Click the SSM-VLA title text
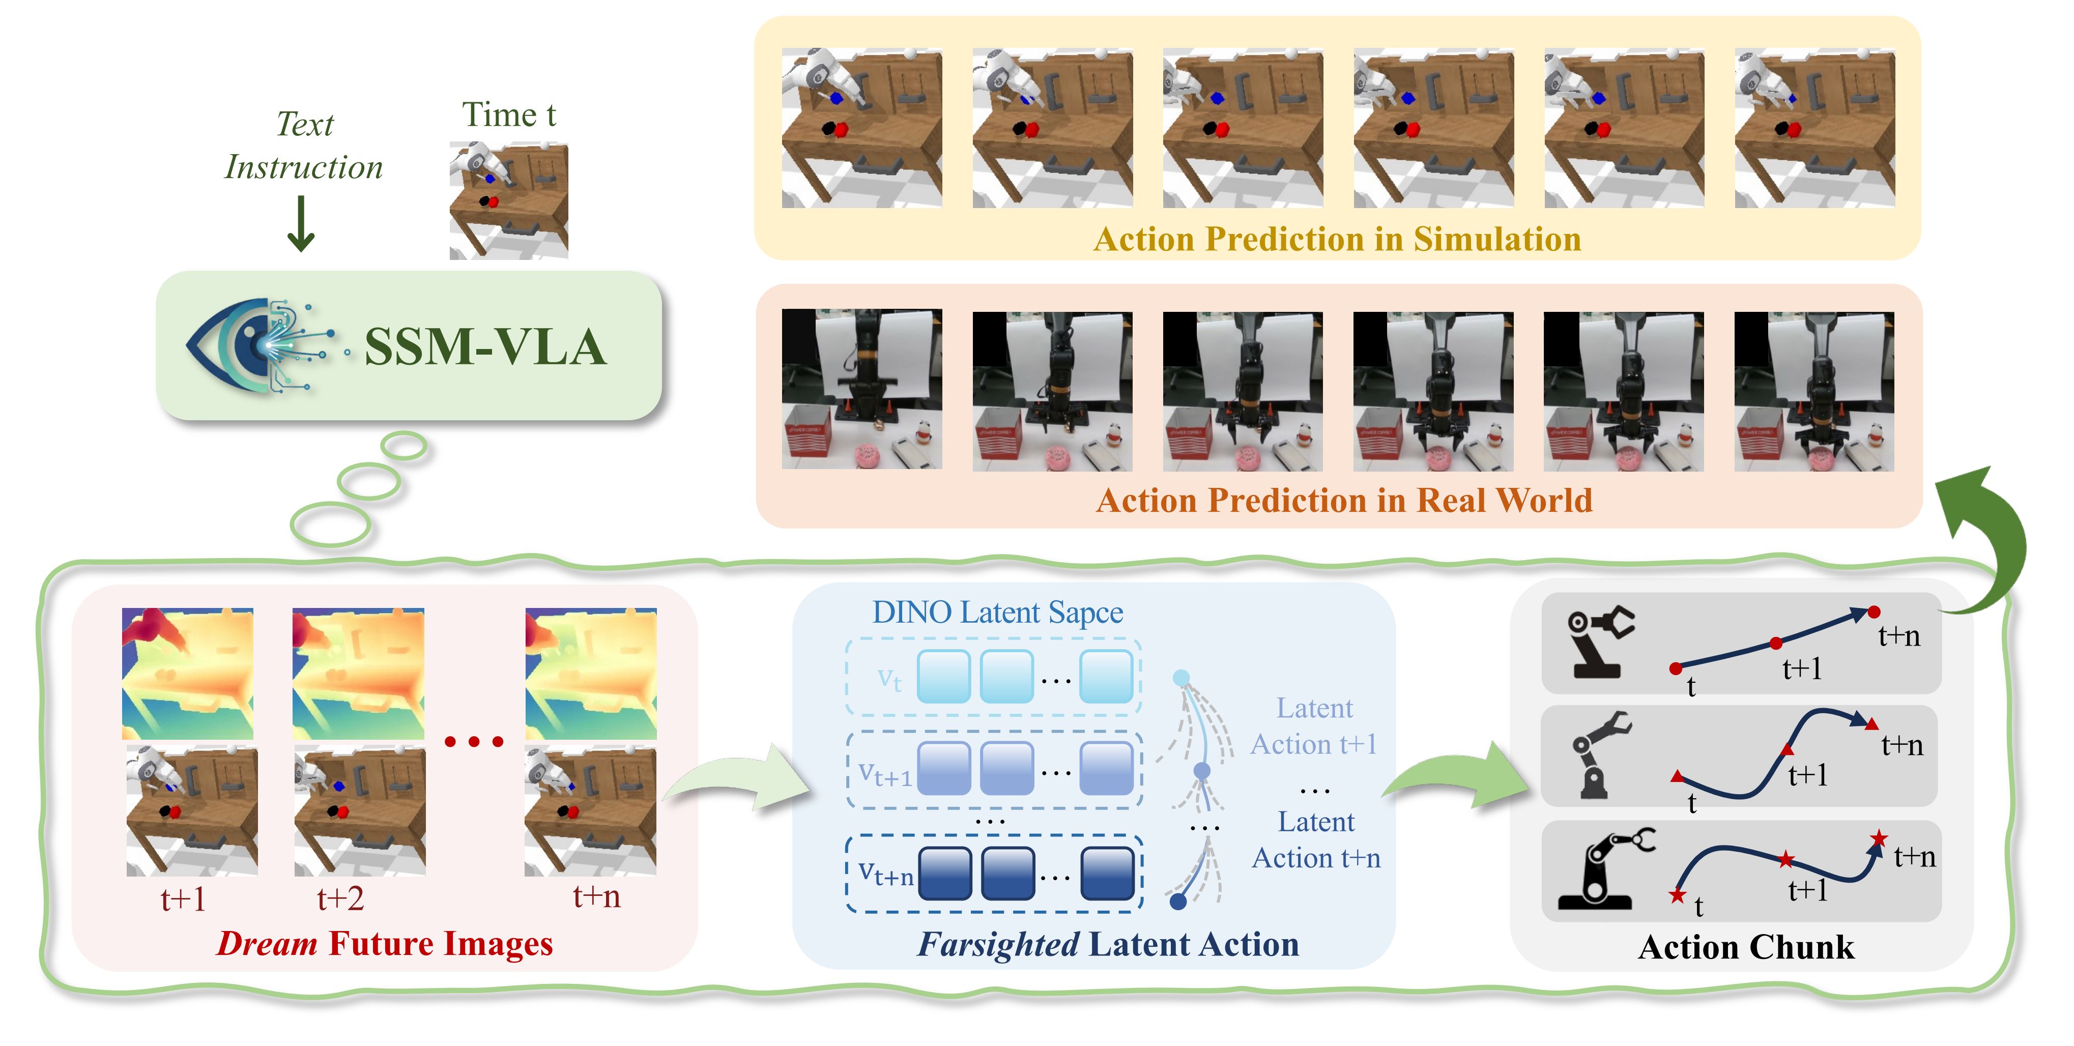(485, 347)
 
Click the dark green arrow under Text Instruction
(301, 224)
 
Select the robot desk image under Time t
(509, 200)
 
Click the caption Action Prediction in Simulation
(1337, 239)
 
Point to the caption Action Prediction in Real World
(1344, 500)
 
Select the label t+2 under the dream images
(340, 898)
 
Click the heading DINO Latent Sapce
(997, 613)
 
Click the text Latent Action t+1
(1314, 725)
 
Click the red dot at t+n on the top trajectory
(1874, 613)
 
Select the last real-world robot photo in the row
(1814, 391)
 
